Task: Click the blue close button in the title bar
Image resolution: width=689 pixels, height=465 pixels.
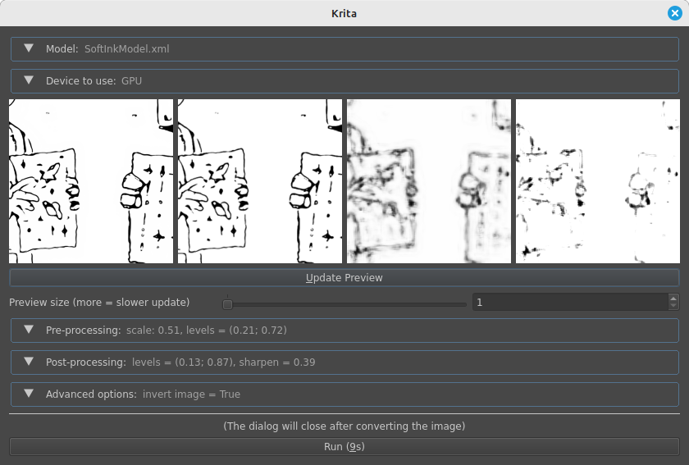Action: click(675, 13)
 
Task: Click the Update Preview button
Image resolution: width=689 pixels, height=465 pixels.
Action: click(344, 278)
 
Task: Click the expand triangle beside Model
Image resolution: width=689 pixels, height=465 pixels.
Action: click(29, 48)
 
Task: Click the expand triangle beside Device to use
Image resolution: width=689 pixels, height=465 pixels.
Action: click(29, 80)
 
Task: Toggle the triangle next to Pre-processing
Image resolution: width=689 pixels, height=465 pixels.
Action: click(29, 330)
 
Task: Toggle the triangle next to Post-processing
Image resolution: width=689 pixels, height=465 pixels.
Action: click(29, 362)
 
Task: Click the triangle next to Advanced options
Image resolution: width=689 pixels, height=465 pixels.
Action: click(29, 394)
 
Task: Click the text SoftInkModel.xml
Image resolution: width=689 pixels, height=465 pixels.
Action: click(126, 48)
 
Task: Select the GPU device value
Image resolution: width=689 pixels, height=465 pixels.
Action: click(131, 81)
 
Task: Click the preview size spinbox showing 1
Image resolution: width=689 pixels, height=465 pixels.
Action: click(570, 303)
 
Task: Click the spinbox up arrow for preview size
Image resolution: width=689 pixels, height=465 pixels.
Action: click(673, 299)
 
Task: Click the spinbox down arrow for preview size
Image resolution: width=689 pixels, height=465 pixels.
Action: click(673, 306)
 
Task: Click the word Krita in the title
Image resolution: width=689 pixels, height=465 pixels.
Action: click(344, 14)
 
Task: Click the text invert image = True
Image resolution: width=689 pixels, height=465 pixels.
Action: click(191, 394)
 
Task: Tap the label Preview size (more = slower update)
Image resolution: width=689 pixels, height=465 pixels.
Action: click(99, 303)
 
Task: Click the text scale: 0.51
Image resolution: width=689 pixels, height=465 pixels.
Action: click(153, 330)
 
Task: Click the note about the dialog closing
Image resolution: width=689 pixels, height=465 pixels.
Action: click(344, 426)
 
